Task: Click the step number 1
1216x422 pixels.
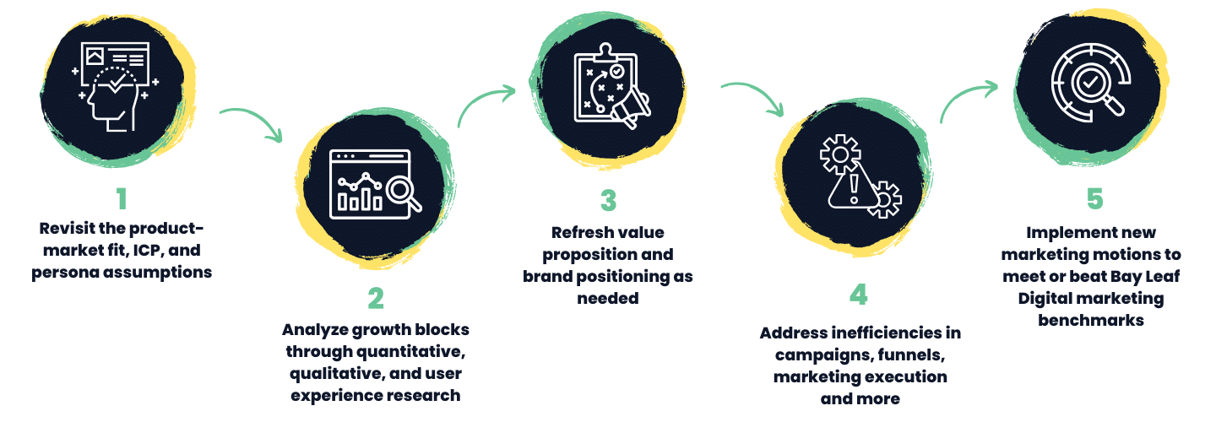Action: (x=122, y=198)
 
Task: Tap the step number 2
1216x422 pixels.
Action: (x=376, y=298)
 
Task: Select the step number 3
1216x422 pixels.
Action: (x=608, y=201)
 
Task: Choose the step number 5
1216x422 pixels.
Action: (x=1094, y=199)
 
